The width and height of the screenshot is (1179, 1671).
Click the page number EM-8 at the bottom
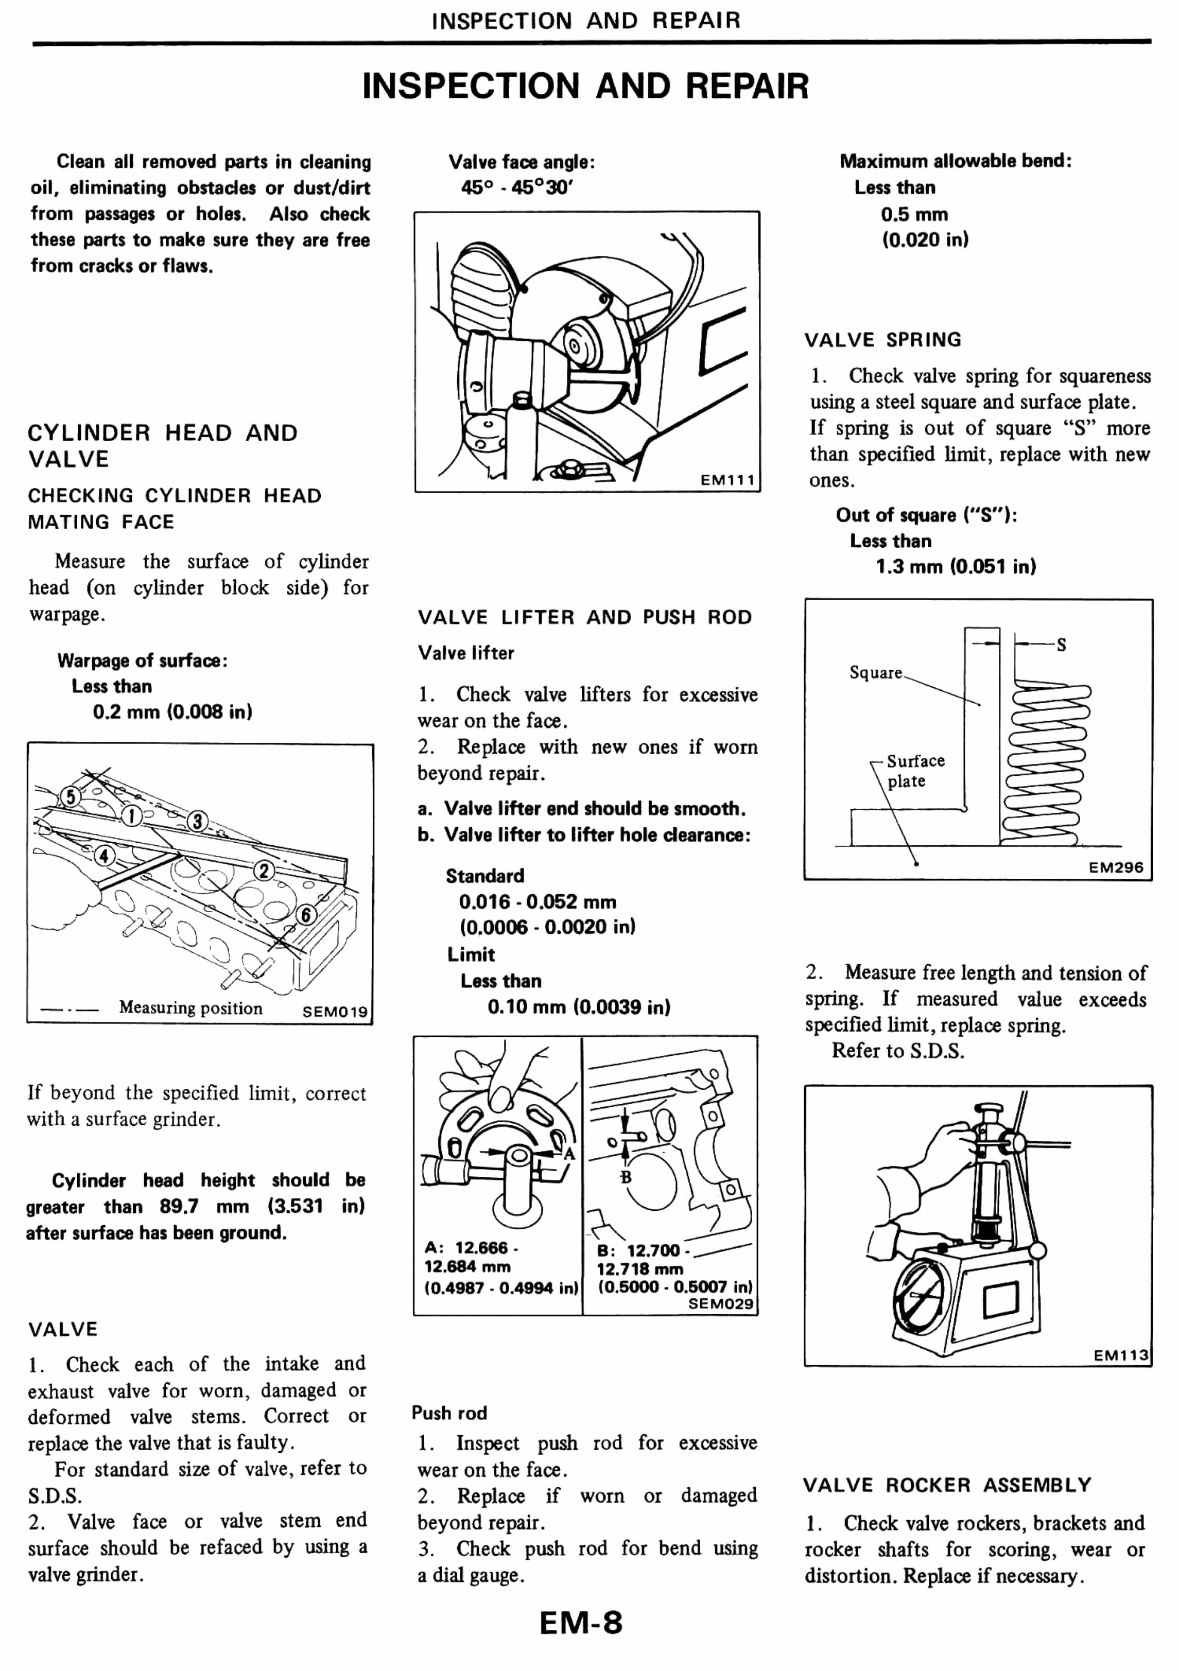581,1622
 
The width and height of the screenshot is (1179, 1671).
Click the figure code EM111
727,480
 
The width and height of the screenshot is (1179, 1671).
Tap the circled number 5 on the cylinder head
70,797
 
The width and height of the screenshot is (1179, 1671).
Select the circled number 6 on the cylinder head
306,915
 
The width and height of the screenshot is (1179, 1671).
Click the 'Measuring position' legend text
190,1008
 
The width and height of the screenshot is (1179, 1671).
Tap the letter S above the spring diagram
1061,645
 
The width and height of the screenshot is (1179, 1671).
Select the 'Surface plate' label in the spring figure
914,771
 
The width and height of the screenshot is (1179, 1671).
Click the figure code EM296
1116,867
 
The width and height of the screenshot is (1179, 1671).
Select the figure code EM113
1121,1355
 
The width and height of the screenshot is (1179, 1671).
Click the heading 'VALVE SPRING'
882,340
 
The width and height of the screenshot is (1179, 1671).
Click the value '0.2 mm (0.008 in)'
172,712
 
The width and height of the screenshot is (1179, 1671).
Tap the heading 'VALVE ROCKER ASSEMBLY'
947,1485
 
